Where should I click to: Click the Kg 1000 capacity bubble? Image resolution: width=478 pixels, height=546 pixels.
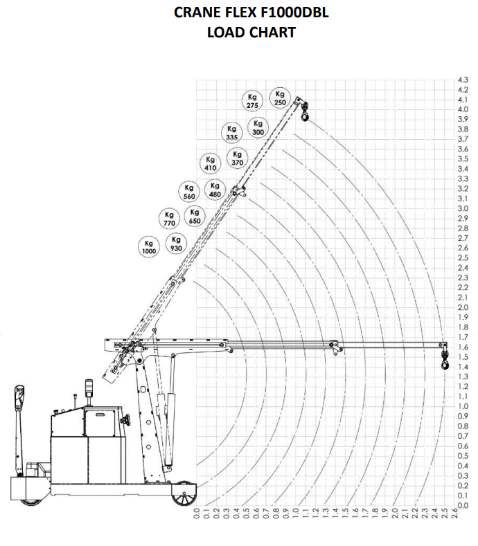click(x=149, y=247)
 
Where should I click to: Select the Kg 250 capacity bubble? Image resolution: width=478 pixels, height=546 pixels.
click(x=281, y=98)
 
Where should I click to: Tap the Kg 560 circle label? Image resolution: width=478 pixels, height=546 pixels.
click(x=189, y=192)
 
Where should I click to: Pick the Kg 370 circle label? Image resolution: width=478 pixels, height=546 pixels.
click(x=237, y=158)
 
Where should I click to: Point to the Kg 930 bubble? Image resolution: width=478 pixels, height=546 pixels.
click(x=176, y=244)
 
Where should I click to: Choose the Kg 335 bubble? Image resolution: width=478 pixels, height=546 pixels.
click(x=232, y=133)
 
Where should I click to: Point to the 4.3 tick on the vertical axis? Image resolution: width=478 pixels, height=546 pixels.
click(x=463, y=80)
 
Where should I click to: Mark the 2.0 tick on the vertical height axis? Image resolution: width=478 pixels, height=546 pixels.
click(x=463, y=307)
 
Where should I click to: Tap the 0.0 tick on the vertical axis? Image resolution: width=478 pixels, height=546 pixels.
click(x=463, y=505)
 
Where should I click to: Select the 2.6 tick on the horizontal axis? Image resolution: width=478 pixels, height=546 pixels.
click(x=454, y=513)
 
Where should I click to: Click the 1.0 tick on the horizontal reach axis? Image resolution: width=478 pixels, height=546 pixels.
click(x=296, y=513)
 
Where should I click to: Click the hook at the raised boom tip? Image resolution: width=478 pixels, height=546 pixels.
click(x=305, y=111)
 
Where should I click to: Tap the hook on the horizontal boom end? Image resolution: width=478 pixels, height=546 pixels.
click(x=445, y=360)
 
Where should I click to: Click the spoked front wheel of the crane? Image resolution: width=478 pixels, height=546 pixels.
click(x=184, y=493)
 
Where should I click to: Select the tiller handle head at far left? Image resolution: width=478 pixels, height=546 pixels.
click(x=19, y=397)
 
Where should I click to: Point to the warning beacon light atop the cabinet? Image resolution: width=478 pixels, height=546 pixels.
click(x=89, y=388)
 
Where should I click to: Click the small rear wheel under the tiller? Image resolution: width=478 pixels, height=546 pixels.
click(x=30, y=502)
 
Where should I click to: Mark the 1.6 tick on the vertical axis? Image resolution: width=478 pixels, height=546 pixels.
click(x=463, y=347)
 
